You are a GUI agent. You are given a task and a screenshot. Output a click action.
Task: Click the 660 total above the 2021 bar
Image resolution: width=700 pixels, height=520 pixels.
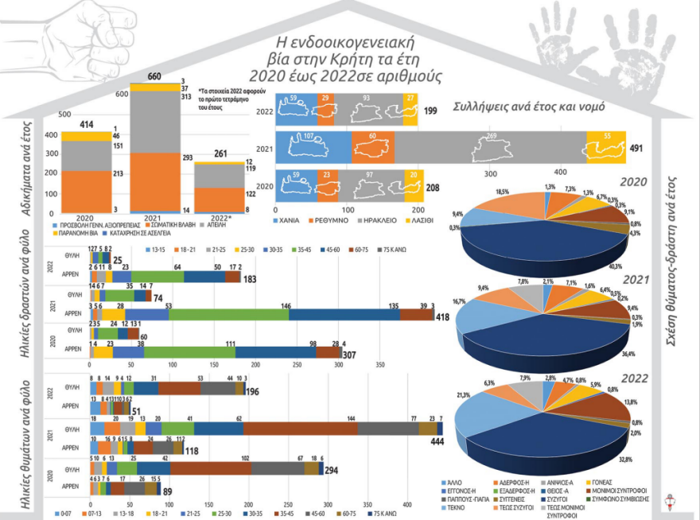154,76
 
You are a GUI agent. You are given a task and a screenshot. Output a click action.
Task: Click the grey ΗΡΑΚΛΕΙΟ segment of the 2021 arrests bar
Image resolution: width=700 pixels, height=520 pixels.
489,148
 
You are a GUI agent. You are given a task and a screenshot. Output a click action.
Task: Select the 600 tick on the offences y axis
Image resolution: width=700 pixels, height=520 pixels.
122,94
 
